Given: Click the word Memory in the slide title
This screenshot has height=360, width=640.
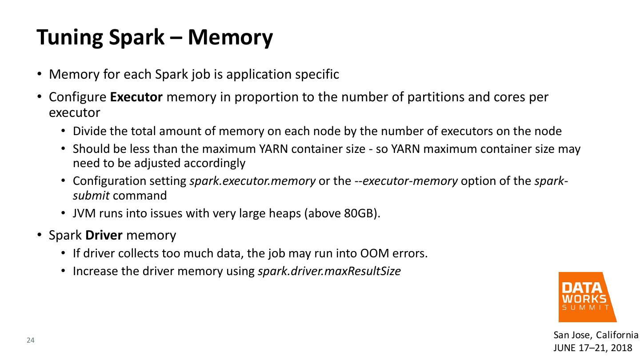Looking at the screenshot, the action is click(230, 37).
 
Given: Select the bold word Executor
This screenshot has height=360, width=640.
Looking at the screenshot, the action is click(136, 97).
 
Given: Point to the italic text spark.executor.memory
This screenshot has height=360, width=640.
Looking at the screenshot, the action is click(252, 181).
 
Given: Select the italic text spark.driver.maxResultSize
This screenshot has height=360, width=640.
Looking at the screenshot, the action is click(329, 271).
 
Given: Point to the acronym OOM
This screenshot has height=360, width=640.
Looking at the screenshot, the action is click(374, 254).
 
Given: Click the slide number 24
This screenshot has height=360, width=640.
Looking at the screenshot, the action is click(31, 341).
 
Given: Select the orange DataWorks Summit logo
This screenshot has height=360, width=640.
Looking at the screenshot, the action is click(587, 296).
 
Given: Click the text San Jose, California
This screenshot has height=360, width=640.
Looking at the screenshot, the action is click(596, 335).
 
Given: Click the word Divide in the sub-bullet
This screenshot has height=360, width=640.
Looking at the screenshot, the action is click(88, 132).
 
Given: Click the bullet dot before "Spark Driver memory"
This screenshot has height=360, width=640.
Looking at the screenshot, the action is click(39, 235).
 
